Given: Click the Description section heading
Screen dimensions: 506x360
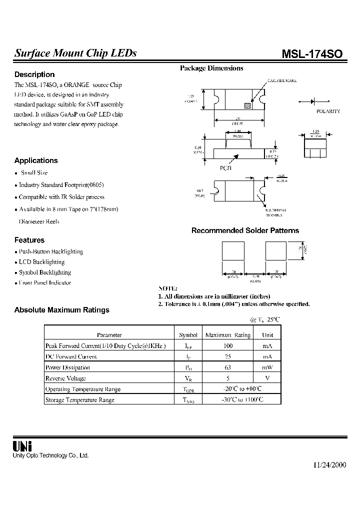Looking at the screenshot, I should coord(34,74).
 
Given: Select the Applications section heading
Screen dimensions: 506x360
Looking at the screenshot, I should coord(36,160).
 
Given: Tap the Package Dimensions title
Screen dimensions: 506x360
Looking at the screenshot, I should coord(211,68).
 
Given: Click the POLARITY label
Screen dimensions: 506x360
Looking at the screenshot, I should coord(328,111).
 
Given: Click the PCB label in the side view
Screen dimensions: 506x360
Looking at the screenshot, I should coord(226,168).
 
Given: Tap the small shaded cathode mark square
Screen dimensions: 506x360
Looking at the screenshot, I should coord(246,105).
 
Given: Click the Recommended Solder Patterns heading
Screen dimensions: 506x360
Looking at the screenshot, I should coord(245,230).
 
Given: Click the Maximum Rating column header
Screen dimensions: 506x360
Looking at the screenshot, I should coord(228,335).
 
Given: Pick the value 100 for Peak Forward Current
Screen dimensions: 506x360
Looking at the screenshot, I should coord(228,345).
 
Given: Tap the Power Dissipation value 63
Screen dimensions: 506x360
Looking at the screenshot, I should coord(228,367).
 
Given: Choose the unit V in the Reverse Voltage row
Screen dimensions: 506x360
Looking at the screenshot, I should coord(267,378).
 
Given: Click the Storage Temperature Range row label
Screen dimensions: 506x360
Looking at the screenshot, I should coord(80,400).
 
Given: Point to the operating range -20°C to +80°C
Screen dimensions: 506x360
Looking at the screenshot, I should coord(241,389).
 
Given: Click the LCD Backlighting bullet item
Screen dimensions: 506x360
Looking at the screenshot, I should coord(41,262).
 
